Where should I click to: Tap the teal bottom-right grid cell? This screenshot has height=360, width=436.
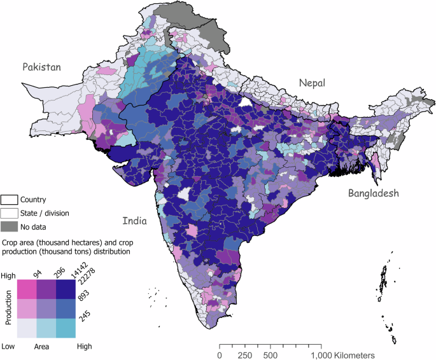click(67, 328)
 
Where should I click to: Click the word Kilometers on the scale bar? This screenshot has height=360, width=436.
click(349, 354)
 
